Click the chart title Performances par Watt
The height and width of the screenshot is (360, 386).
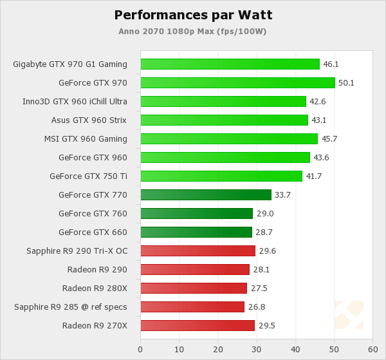[193, 15]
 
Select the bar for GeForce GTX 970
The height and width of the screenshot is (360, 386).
[237, 82]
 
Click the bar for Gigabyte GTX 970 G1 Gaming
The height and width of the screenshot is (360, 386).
[230, 64]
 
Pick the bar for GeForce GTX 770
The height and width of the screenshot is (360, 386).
[206, 194]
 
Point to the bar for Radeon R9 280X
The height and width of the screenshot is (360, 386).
[194, 288]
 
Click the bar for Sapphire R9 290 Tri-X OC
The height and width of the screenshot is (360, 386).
[198, 251]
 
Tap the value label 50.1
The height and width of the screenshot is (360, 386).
[347, 83]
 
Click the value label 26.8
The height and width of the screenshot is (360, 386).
[256, 307]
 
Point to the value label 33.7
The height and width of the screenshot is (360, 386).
[283, 195]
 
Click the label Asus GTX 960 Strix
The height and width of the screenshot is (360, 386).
[89, 120]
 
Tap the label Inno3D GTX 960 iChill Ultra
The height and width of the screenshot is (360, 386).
[75, 101]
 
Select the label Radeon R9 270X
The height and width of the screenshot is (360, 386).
[95, 325]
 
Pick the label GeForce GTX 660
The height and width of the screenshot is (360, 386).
[93, 232]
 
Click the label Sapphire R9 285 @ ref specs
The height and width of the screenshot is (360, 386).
[71, 307]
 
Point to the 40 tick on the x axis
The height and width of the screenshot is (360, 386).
[295, 349]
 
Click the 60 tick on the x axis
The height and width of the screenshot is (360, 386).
[372, 349]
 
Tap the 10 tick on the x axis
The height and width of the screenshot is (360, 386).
[179, 349]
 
